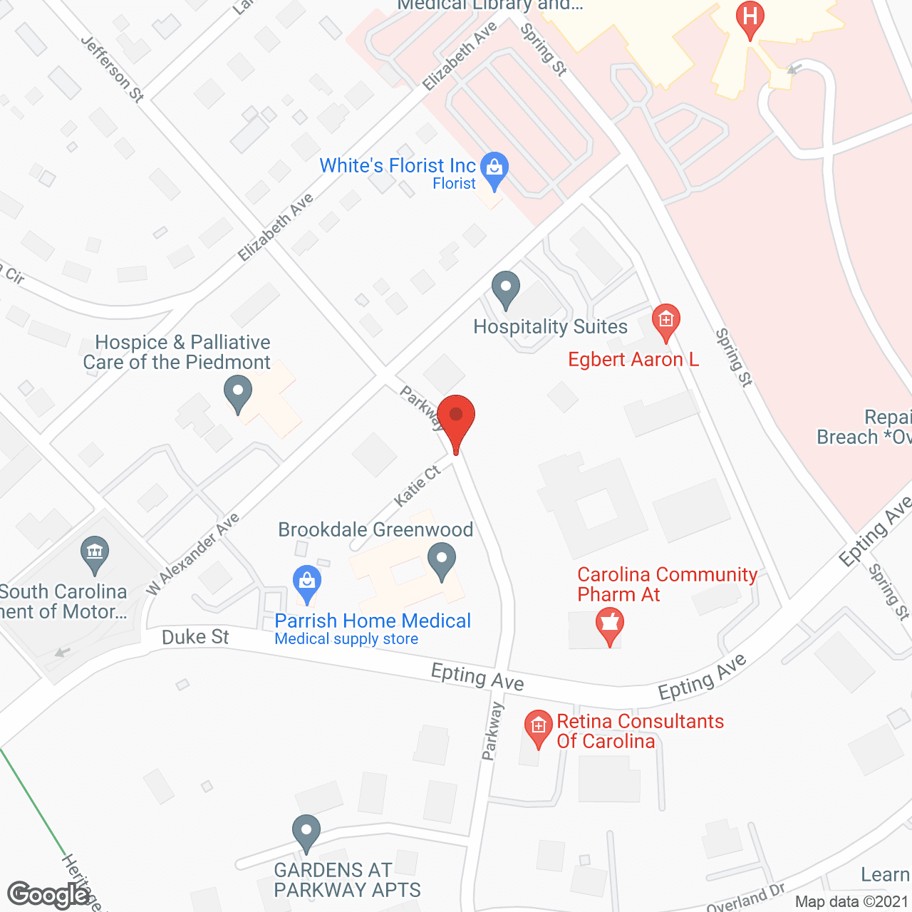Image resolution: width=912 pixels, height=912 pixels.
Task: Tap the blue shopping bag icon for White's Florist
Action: (x=494, y=168)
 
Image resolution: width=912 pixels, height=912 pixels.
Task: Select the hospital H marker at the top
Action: (x=750, y=16)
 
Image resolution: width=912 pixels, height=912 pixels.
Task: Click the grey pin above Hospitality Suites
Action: (x=506, y=289)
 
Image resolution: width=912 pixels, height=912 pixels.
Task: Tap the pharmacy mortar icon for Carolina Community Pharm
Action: (x=610, y=624)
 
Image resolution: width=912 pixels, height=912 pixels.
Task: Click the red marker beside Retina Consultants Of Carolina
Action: (x=539, y=727)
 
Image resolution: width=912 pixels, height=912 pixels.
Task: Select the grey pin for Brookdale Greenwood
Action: (x=442, y=559)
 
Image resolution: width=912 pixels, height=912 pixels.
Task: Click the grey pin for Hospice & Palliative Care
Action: (x=238, y=392)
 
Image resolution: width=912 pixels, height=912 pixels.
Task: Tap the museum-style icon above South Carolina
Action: (x=95, y=553)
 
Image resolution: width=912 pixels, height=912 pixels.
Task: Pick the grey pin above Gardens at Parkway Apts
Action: (x=306, y=831)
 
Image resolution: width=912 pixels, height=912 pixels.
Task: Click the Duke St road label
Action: (x=195, y=636)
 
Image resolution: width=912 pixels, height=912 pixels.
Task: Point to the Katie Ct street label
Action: (x=418, y=486)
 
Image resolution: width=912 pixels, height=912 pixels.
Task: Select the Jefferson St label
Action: (x=113, y=69)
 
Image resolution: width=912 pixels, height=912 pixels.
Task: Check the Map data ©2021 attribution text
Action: (x=851, y=902)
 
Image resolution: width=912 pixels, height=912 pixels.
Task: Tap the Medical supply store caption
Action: (x=346, y=639)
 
